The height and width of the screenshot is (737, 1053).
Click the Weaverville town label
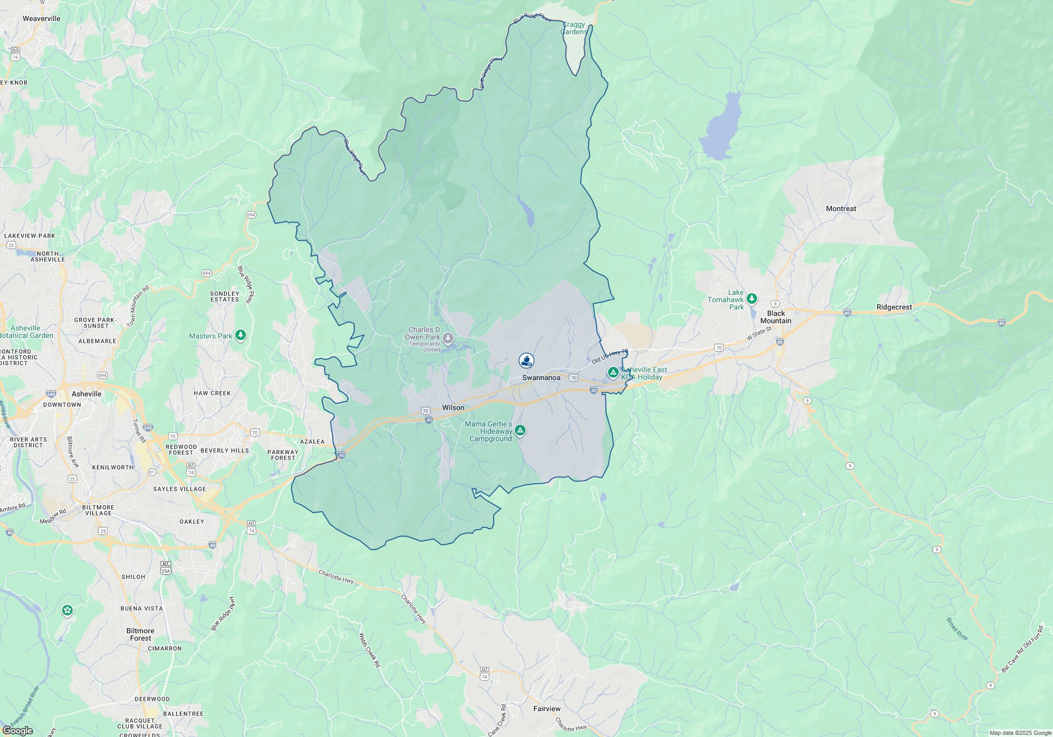[41, 18]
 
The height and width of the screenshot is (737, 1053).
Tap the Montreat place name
[841, 208]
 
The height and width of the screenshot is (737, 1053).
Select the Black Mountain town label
[776, 317]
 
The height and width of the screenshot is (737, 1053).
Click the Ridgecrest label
[894, 307]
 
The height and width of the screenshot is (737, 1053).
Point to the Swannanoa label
[541, 377]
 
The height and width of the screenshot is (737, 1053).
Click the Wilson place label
[453, 407]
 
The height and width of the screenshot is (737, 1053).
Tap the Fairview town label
[547, 709]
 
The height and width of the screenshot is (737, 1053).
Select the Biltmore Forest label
[140, 634]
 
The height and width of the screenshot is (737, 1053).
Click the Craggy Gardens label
[573, 28]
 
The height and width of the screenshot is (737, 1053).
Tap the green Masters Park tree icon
[241, 335]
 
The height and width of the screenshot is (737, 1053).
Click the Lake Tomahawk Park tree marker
[752, 299]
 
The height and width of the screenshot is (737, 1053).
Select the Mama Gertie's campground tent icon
[520, 431]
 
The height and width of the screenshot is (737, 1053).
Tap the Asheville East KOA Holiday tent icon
[613, 372]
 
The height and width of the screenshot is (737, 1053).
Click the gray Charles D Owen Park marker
[448, 337]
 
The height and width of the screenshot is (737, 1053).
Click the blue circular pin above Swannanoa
[526, 360]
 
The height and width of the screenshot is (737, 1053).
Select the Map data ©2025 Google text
[1020, 733]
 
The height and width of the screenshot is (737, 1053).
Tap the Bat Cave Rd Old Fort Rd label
[1021, 649]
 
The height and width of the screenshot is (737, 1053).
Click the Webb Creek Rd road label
[369, 650]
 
